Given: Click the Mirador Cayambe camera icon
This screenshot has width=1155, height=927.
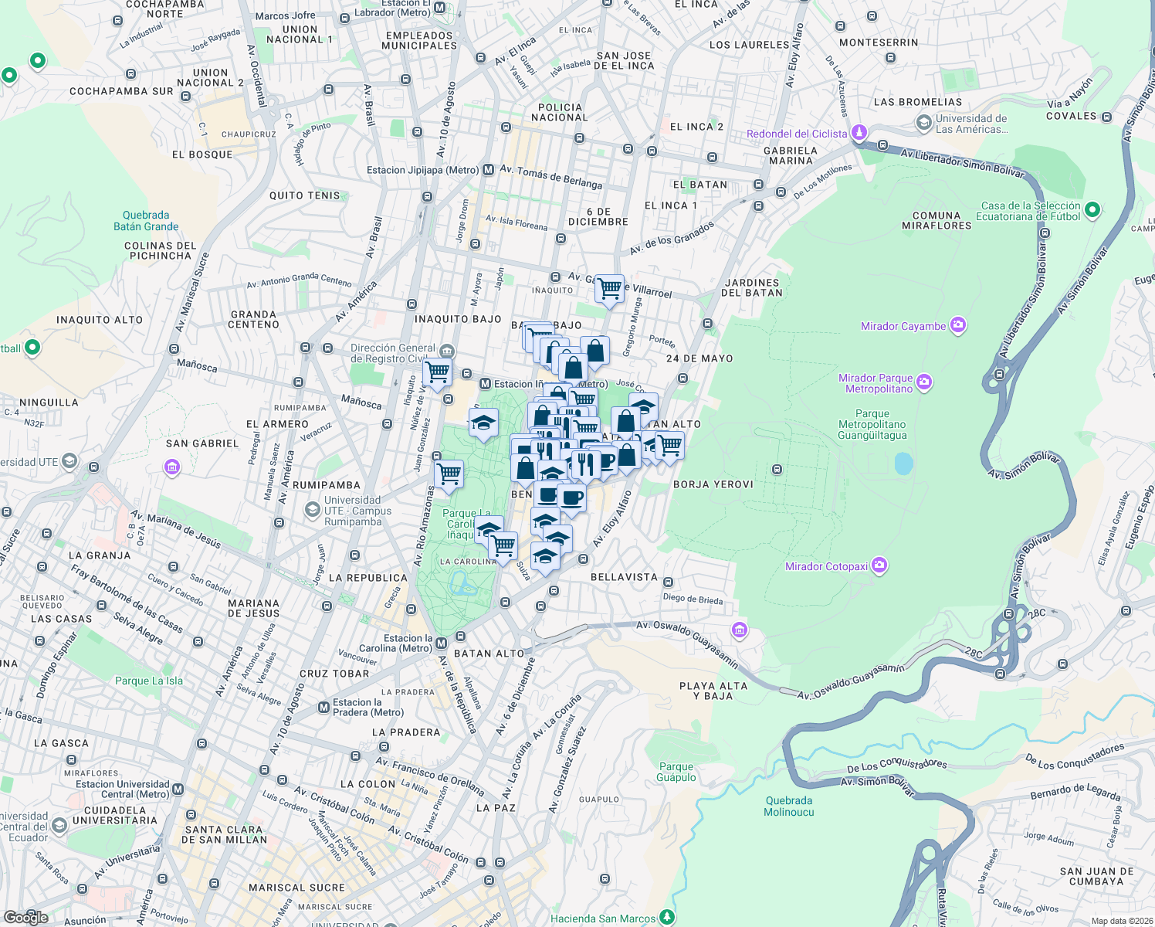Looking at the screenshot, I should click(x=958, y=325).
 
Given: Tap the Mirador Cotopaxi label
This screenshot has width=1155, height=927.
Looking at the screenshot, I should click(x=826, y=566).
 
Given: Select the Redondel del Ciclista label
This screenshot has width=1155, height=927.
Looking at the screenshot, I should click(x=797, y=134).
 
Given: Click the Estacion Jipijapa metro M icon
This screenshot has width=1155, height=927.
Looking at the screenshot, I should click(x=488, y=170).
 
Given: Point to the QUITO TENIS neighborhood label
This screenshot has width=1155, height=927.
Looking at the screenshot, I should click(x=304, y=195).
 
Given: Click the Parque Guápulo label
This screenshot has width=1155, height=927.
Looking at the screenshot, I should click(x=676, y=772).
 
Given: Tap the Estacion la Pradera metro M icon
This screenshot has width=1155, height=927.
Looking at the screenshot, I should click(x=323, y=708).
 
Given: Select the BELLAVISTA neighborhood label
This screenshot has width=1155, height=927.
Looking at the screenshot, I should click(x=624, y=577).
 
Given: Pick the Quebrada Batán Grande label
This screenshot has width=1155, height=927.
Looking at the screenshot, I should click(x=146, y=221).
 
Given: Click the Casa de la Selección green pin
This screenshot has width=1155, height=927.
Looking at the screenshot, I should click(x=1092, y=210).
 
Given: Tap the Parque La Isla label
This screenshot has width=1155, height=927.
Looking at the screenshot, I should click(x=149, y=681).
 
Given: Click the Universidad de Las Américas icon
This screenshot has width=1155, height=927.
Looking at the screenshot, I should click(x=923, y=123).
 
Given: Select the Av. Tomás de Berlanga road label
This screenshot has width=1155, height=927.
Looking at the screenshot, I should click(x=550, y=177).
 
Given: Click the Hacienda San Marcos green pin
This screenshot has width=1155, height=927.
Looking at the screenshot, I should click(x=667, y=918).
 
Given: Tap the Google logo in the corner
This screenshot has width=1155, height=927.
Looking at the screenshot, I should click(x=26, y=918).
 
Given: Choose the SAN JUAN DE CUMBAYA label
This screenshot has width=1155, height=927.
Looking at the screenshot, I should click(x=1096, y=876).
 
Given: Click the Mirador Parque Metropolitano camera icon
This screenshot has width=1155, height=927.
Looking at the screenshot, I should click(x=924, y=382).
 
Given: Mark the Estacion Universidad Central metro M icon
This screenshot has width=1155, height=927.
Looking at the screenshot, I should click(x=178, y=789).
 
